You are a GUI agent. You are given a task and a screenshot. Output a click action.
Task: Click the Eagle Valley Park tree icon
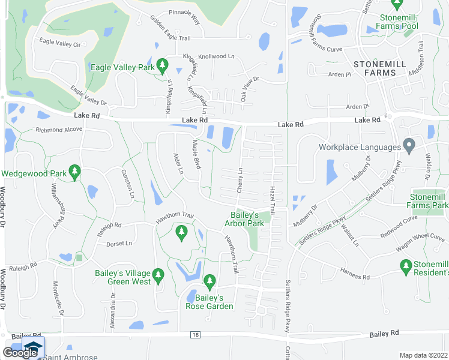click(x=161, y=65)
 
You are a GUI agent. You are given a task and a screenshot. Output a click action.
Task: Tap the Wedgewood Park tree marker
click(x=74, y=173)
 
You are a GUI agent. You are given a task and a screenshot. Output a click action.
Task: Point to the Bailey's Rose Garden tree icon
click(x=209, y=280)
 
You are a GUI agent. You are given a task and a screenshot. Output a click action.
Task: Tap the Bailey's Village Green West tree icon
click(x=158, y=277)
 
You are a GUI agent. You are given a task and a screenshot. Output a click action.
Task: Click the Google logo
click(x=20, y=353)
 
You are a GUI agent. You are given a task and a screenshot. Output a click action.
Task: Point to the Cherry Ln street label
click(x=240, y=179)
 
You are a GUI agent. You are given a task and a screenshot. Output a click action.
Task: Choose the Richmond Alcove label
click(x=59, y=130)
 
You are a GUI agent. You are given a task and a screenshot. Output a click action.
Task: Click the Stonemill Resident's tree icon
click(x=406, y=265)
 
